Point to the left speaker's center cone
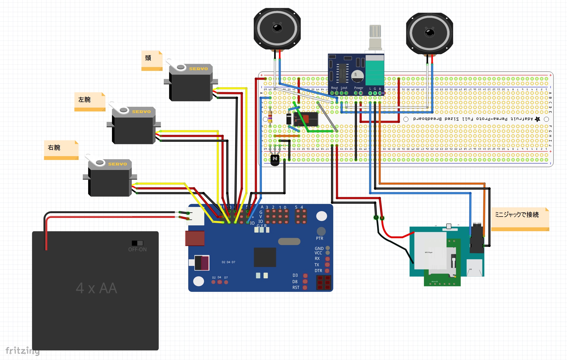[277, 28]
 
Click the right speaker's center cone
[429, 33]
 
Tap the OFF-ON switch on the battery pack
[137, 243]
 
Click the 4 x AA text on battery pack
[96, 288]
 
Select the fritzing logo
[22, 351]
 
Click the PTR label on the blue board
[319, 238]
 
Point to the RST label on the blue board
[296, 287]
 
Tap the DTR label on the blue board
[318, 271]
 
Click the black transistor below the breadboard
[275, 160]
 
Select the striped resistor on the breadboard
[270, 116]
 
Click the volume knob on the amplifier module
[375, 32]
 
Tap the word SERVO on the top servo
[198, 69]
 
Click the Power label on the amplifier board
[359, 88]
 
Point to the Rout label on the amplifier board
[334, 88]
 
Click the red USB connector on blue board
[195, 238]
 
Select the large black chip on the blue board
[265, 257]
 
